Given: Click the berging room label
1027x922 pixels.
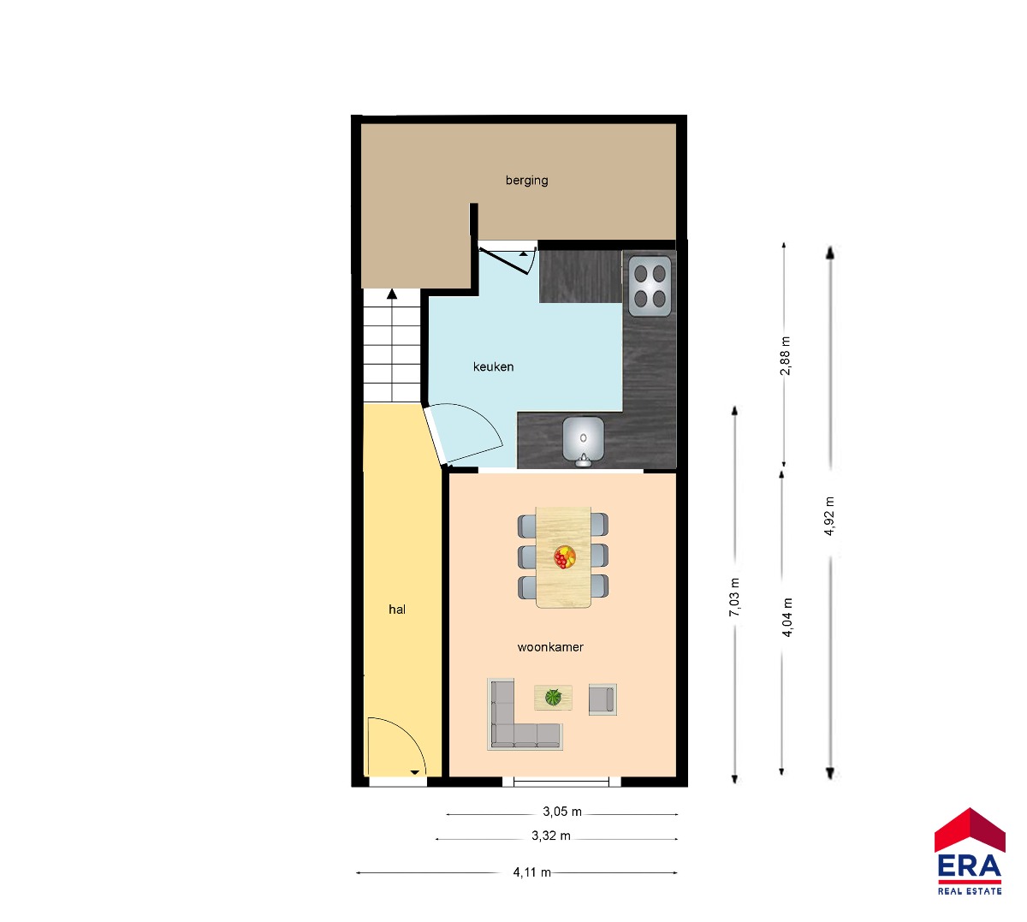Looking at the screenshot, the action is (x=526, y=180).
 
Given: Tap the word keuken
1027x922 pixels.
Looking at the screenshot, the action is (x=493, y=366).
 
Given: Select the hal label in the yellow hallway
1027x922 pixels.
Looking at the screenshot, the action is (x=396, y=609).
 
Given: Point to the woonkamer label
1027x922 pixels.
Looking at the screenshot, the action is (x=550, y=646).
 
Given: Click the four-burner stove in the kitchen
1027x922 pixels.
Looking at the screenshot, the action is (x=650, y=286).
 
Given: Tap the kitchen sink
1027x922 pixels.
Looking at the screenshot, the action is (x=583, y=441).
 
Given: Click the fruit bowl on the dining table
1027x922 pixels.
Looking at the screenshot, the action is (x=564, y=556).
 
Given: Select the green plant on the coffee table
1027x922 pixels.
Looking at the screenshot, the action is (x=553, y=698).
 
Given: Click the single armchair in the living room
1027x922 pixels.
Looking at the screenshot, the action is (x=603, y=699).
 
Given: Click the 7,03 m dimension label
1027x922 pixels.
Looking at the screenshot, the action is (x=734, y=597).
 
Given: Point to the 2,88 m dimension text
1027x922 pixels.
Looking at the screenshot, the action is (x=785, y=355).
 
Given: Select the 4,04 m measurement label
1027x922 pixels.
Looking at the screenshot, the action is (x=787, y=617).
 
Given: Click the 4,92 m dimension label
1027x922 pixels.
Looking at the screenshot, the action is (x=829, y=515).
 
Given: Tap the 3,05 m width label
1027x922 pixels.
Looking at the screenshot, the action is (x=561, y=812).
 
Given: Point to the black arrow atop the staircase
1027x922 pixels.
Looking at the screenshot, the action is (x=392, y=294).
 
